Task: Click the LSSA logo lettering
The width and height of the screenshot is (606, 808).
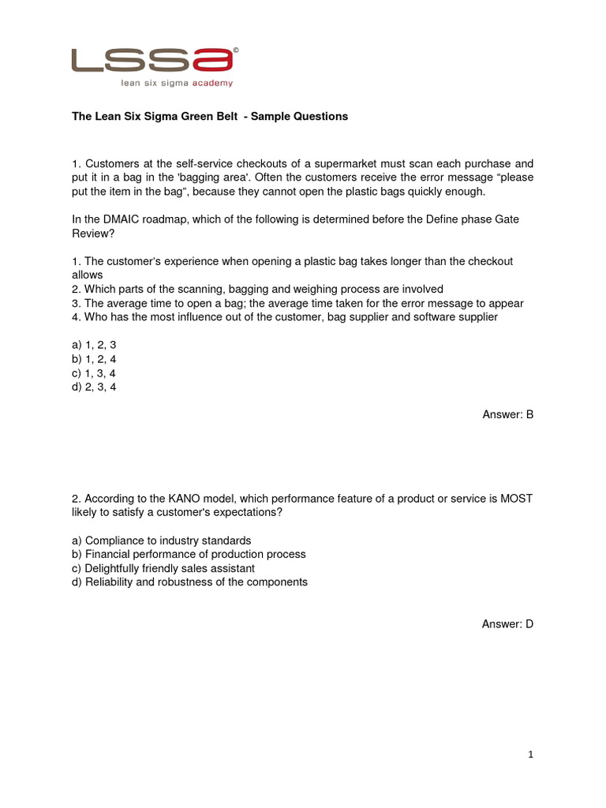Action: pyautogui.click(x=152, y=60)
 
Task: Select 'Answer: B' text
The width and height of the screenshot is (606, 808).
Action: pyautogui.click(x=508, y=414)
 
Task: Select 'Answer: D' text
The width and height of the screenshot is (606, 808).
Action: pyautogui.click(x=508, y=624)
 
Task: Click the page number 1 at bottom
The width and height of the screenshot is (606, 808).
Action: pyautogui.click(x=531, y=755)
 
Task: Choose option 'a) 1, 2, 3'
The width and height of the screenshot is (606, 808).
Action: pyautogui.click(x=94, y=345)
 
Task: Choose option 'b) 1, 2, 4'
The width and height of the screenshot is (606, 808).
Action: pyautogui.click(x=94, y=359)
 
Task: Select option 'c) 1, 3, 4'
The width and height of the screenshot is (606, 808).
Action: pyautogui.click(x=94, y=372)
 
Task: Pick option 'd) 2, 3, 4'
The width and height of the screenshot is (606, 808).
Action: pyautogui.click(x=94, y=387)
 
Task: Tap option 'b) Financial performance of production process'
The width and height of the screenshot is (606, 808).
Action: pyautogui.click(x=189, y=555)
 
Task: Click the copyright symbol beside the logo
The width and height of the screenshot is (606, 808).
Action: pyautogui.click(x=236, y=50)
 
